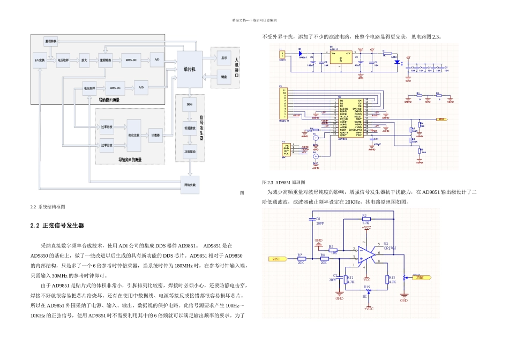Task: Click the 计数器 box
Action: point(155,136)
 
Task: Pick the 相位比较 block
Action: point(134,136)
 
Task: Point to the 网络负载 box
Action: point(190,184)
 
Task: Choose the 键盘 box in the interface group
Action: point(224,77)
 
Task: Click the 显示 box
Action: point(224,58)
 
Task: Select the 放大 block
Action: point(84,61)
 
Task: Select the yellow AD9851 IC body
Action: point(351,118)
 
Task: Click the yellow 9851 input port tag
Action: point(278,259)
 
